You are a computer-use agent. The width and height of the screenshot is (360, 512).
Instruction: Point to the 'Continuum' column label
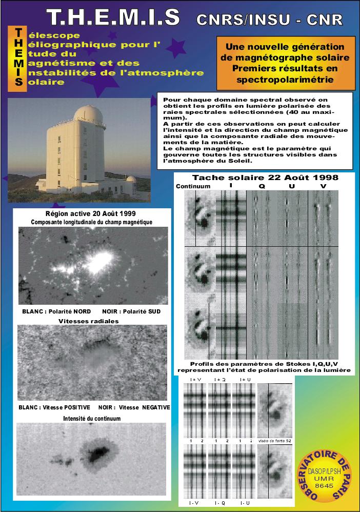[x=193, y=186]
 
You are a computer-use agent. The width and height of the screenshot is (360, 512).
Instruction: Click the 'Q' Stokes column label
[x=262, y=187]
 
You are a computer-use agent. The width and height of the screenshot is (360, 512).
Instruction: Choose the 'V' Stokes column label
[x=323, y=187]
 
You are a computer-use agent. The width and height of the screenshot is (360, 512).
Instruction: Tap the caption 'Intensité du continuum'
[x=92, y=419]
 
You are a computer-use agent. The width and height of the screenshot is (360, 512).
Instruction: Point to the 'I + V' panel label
[x=196, y=380]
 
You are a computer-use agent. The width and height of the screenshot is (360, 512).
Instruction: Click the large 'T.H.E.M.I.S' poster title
[x=113, y=17]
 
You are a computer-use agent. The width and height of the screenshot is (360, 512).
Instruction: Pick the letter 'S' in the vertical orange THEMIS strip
[x=18, y=82]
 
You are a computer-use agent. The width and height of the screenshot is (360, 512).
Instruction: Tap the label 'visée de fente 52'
[x=274, y=441]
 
